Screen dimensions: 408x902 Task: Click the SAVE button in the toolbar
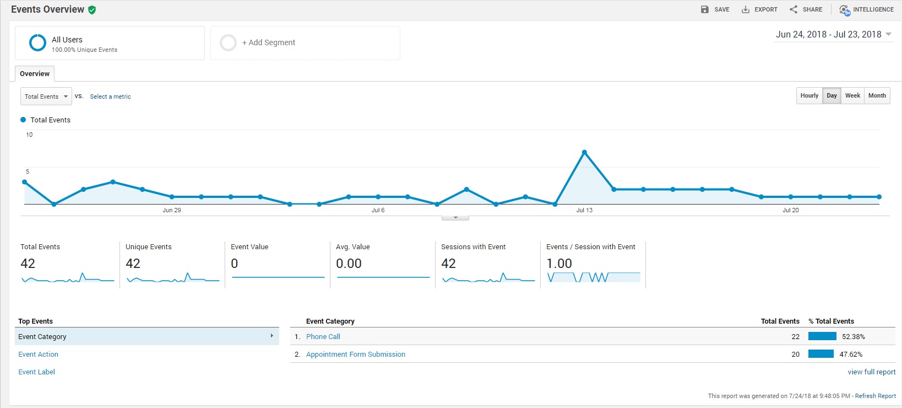point(715,9)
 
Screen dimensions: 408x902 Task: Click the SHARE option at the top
point(806,9)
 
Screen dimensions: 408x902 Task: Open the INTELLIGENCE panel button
point(866,9)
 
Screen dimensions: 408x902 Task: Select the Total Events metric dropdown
point(46,96)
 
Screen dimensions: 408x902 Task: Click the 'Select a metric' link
point(110,96)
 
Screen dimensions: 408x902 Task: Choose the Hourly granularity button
point(809,95)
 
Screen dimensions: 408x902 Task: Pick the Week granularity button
point(852,95)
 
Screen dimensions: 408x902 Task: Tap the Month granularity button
point(877,95)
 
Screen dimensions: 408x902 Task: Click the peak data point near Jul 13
point(584,152)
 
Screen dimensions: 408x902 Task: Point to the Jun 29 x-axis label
point(172,210)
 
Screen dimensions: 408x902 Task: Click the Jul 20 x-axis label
point(790,210)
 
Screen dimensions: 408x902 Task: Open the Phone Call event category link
point(323,336)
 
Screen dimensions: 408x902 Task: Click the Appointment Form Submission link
point(356,354)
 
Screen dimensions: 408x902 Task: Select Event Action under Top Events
point(38,354)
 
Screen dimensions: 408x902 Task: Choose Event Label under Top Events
point(36,372)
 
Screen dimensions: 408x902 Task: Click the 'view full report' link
point(871,372)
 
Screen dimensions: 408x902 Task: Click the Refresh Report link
point(875,396)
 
